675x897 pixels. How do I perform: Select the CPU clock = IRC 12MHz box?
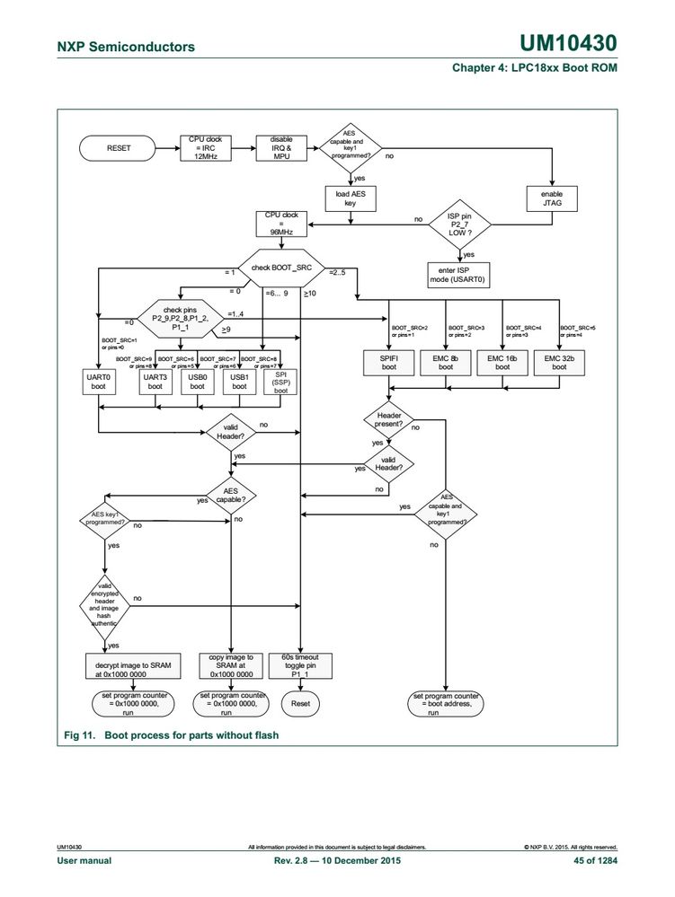coord(205,147)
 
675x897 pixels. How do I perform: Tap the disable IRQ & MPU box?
coord(281,147)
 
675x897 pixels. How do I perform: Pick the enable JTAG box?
coord(551,198)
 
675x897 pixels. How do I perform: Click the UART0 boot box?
coord(97,382)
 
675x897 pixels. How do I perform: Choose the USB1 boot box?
coord(239,382)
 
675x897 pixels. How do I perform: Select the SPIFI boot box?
coord(388,361)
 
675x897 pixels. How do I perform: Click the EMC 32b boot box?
coord(559,361)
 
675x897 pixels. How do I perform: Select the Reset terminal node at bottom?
coord(301,704)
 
